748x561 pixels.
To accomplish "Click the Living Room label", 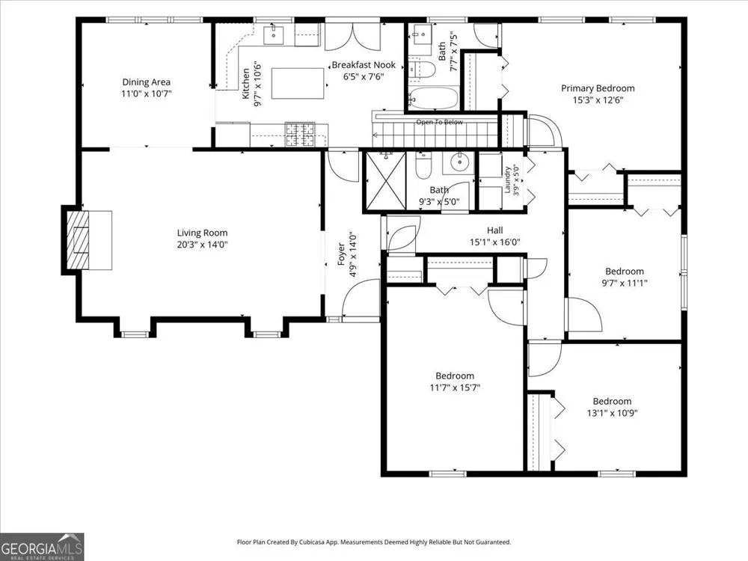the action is (x=202, y=233).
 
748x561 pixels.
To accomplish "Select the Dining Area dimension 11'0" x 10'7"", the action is (x=146, y=93).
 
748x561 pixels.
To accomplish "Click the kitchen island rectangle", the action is (x=298, y=84).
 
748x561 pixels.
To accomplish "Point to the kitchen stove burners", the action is (x=300, y=135).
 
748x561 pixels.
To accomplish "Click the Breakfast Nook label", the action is (x=364, y=65).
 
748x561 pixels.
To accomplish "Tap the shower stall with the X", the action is (x=385, y=180).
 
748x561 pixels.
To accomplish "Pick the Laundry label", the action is (x=508, y=180).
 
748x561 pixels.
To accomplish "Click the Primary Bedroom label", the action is (x=598, y=88).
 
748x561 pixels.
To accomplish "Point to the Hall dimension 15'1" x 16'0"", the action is (x=494, y=242).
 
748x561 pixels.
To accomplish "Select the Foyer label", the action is (x=341, y=254).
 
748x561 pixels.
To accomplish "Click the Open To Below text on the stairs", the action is (x=439, y=122).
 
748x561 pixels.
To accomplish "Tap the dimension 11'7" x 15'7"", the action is (x=455, y=387).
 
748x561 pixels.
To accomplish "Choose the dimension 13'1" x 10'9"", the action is (x=612, y=413).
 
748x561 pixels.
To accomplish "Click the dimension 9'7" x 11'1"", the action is (x=625, y=283).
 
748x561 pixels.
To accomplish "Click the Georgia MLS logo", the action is (x=42, y=547).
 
